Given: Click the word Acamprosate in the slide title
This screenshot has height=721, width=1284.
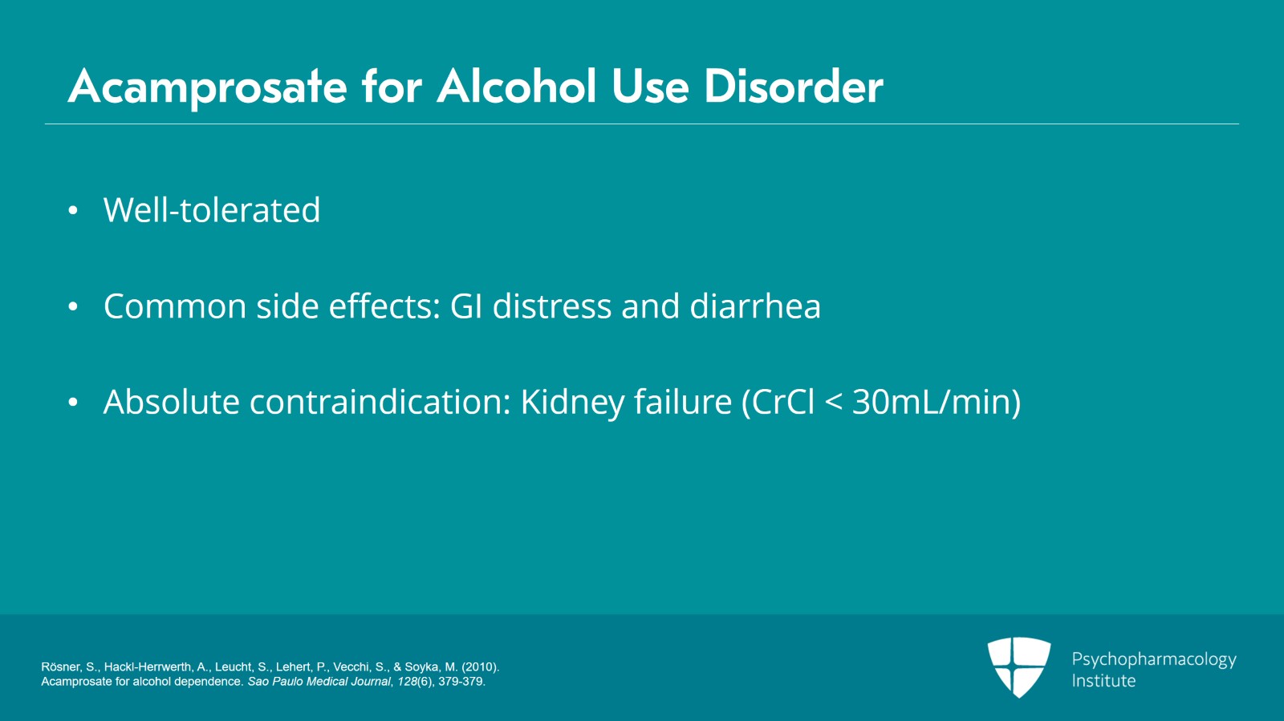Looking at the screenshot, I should point(207,87).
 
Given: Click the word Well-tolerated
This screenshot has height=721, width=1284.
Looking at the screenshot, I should point(212,210).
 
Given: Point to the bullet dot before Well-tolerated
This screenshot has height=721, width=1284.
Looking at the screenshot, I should point(73,211).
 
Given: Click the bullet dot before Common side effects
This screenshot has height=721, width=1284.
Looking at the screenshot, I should point(73,306).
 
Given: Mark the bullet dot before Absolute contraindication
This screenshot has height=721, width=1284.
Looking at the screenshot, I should point(73,402).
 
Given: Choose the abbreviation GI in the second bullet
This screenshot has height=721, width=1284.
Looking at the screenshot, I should point(466,306).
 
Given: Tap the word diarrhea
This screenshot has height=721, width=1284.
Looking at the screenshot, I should point(755,306).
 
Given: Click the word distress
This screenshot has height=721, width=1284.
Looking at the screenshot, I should point(552,306).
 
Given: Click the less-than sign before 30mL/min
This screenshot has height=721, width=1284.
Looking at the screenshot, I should point(834,403).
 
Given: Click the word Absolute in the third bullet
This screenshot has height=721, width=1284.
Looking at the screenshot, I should point(171,402).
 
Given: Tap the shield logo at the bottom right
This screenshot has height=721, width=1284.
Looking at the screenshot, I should point(1019,666).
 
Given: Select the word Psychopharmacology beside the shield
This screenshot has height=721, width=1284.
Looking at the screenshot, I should point(1153,659).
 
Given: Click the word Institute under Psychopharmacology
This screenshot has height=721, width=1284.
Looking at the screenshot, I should point(1103,681).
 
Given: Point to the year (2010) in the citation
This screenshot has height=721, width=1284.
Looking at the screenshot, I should point(480,667).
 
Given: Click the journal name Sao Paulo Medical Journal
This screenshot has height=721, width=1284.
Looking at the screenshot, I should point(319,682).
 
